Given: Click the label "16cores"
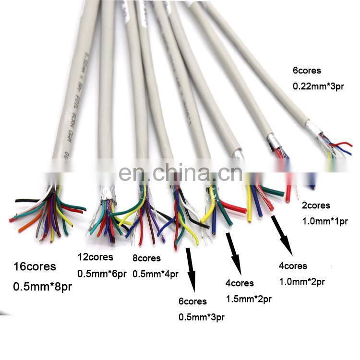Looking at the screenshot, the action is [x=35, y=266].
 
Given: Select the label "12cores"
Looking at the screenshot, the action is [x=96, y=257].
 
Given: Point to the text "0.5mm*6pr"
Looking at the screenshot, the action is [x=102, y=274].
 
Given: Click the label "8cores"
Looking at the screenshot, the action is [x=147, y=258].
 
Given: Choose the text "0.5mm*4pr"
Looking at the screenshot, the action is [x=155, y=274].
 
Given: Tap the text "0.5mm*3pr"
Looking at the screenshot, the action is [x=202, y=317].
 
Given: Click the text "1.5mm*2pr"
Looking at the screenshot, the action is [x=249, y=299].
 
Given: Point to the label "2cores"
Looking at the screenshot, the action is [x=316, y=205].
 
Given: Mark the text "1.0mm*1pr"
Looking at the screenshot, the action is [x=324, y=222].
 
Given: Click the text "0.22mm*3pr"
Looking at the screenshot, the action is [x=319, y=87].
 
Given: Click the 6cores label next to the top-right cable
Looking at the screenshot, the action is [x=307, y=71].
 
